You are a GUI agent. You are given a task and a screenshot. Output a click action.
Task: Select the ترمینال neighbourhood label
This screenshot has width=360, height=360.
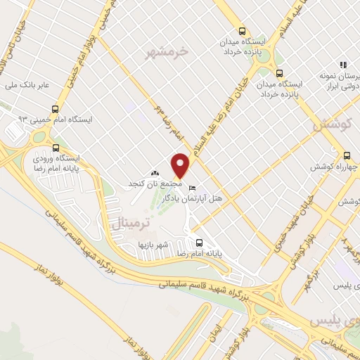click(131, 224)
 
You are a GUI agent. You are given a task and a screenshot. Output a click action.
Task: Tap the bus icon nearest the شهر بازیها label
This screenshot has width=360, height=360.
click(199, 240)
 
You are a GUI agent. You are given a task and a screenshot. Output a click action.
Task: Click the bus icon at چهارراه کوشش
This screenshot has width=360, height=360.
click(346, 156)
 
